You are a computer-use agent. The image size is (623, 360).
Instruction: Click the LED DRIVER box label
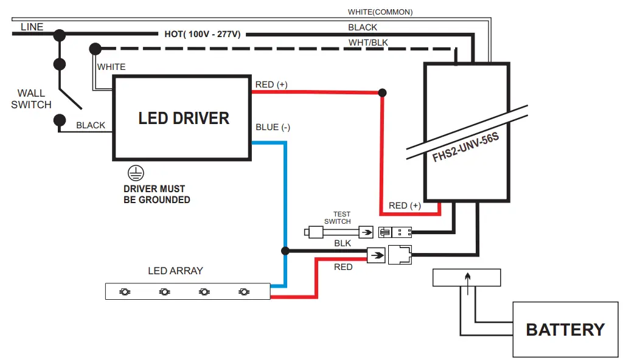(x=184, y=118)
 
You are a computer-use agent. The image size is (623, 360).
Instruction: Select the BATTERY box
(x=565, y=330)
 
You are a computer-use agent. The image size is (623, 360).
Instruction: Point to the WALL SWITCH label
(x=31, y=99)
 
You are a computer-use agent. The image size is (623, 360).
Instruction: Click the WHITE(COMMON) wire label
(x=380, y=12)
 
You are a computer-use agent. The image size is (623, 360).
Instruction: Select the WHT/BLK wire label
(x=368, y=43)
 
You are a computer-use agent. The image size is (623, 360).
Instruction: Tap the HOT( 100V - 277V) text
(x=202, y=34)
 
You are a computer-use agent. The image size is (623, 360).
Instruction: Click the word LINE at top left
(x=32, y=27)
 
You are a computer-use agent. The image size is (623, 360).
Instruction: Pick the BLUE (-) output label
(x=273, y=127)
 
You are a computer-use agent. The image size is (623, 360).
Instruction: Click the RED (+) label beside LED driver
(x=271, y=85)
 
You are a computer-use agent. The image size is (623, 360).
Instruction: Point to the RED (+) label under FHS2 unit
(x=405, y=206)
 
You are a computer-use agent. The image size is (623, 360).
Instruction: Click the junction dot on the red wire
(x=382, y=93)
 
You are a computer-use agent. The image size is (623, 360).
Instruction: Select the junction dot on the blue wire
(x=285, y=251)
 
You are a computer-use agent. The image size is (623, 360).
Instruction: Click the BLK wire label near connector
(x=343, y=243)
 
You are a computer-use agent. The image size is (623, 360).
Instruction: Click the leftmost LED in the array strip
(x=124, y=292)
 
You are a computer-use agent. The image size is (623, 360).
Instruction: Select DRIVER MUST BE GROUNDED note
(x=157, y=194)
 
